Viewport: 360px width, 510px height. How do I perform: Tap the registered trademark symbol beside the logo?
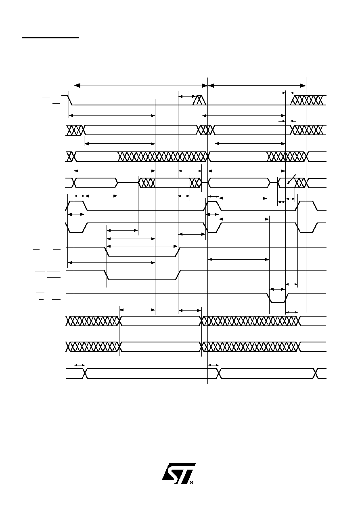click(x=191, y=482)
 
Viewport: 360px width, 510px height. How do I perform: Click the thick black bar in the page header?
click(x=50, y=37)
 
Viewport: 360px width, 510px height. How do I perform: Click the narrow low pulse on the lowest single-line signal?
click(x=277, y=302)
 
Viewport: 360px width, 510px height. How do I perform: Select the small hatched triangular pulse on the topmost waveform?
click(x=199, y=100)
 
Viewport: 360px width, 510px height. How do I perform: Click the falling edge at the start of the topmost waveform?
click(x=70, y=100)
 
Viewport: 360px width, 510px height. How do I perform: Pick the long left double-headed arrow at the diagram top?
click(x=141, y=86)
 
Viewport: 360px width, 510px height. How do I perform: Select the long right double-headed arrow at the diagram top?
click(x=257, y=86)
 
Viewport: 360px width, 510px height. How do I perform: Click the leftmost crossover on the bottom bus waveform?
click(x=85, y=374)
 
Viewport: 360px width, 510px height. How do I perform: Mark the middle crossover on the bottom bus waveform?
click(x=219, y=374)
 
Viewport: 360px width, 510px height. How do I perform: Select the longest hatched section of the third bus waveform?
click(x=163, y=157)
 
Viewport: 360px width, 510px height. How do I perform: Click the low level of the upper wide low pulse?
click(x=142, y=256)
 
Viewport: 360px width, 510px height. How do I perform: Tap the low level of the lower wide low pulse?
click(x=142, y=279)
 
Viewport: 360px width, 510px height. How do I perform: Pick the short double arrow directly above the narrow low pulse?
click(x=277, y=289)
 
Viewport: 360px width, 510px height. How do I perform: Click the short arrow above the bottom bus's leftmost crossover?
click(x=80, y=365)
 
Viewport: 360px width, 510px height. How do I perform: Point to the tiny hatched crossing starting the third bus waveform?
click(x=70, y=157)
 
